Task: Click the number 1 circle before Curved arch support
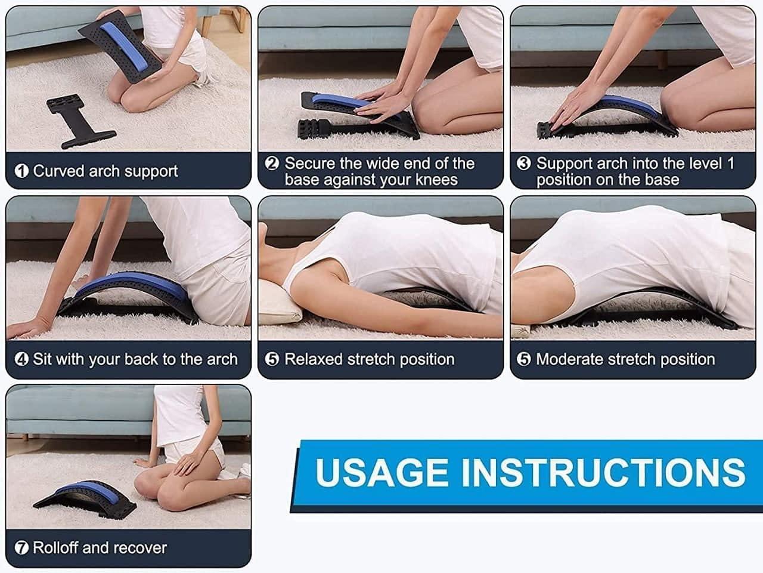(21, 171)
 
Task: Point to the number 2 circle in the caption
(272, 164)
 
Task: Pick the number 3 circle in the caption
(523, 164)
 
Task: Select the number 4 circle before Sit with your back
(21, 359)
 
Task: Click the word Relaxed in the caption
(314, 359)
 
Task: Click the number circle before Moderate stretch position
(523, 359)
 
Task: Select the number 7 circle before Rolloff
(21, 548)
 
